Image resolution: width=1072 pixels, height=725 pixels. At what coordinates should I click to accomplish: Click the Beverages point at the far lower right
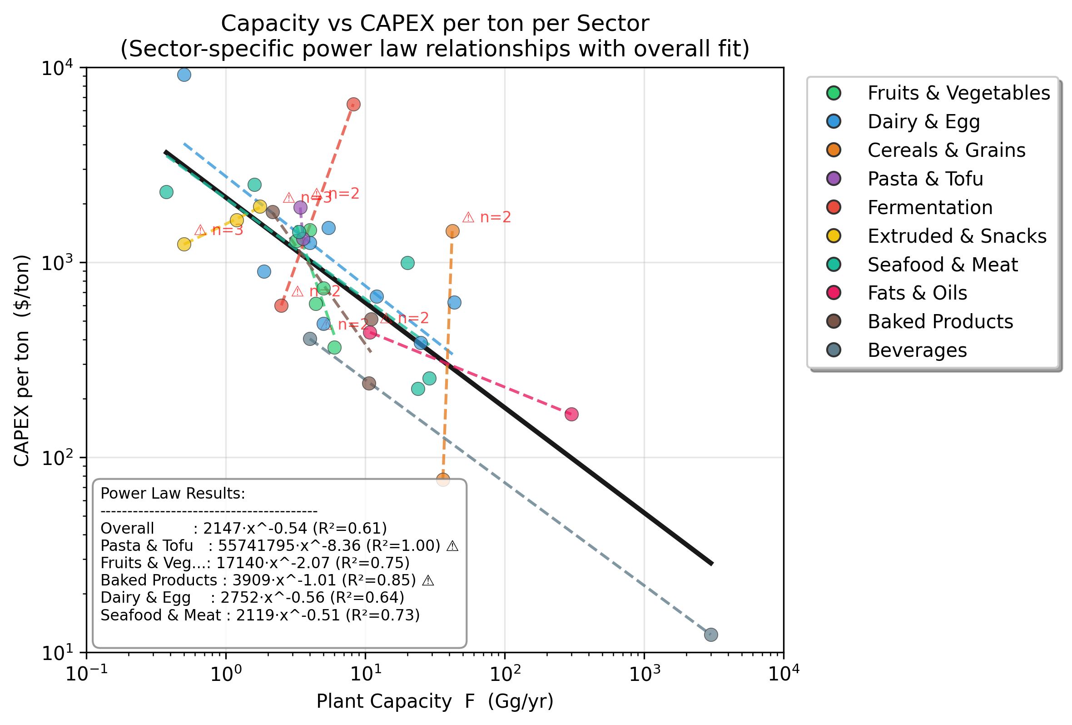click(x=711, y=635)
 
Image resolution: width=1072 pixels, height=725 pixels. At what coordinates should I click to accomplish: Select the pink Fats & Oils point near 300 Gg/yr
click(x=571, y=414)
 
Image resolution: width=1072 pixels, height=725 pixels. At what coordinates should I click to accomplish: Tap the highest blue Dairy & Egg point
click(x=184, y=74)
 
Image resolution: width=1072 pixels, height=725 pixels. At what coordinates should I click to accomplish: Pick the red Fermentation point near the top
click(x=353, y=104)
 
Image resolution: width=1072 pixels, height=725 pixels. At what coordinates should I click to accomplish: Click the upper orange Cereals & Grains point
click(x=452, y=231)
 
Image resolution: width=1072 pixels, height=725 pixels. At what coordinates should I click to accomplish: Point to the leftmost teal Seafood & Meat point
click(x=167, y=192)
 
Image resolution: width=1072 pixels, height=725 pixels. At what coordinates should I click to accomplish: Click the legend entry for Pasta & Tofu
click(x=925, y=179)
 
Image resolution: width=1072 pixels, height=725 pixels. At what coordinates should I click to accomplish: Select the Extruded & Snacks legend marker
click(x=834, y=236)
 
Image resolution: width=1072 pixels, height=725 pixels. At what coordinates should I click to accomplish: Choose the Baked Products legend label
click(x=940, y=321)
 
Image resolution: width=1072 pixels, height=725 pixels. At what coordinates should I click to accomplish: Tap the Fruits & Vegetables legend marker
click(x=834, y=93)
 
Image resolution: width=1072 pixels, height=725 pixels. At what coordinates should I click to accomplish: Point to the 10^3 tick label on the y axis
click(x=58, y=263)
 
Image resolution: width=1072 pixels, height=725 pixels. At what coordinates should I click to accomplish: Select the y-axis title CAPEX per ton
click(x=22, y=360)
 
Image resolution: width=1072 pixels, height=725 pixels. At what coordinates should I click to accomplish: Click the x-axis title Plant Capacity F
click(x=435, y=701)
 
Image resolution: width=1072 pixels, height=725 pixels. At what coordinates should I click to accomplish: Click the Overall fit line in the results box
click(x=243, y=528)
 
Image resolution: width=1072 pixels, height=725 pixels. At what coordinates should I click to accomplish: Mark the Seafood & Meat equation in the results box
click(x=260, y=615)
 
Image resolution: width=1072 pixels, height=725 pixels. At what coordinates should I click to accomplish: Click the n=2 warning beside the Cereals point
click(x=486, y=217)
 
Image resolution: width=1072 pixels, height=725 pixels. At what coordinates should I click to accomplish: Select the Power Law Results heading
click(x=173, y=493)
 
